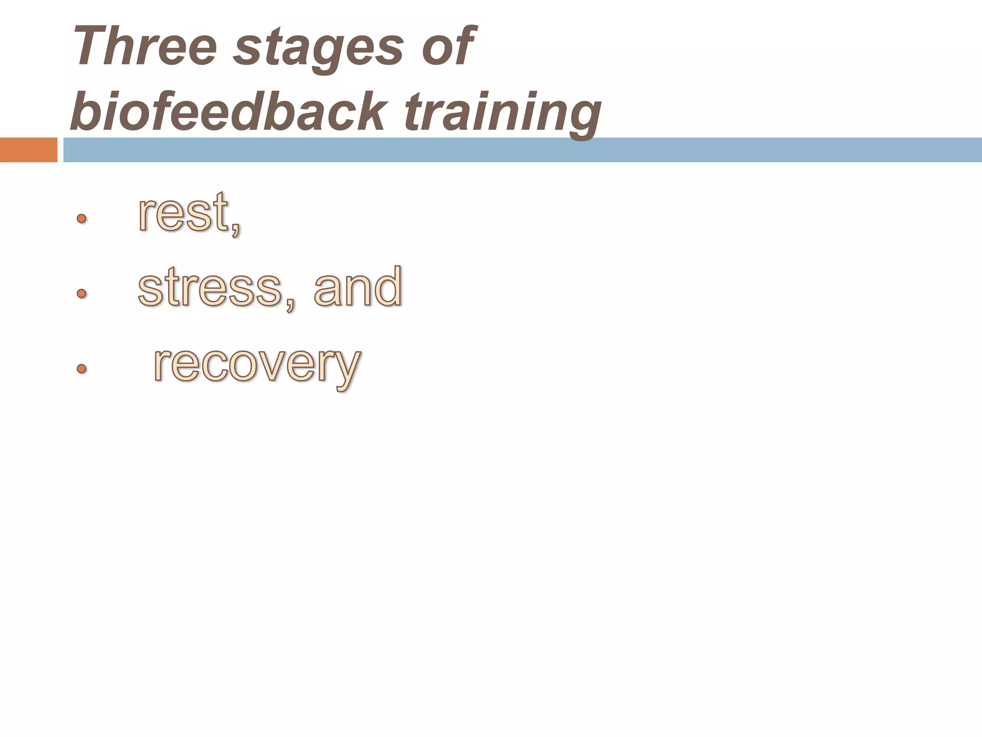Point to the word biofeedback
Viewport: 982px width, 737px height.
click(228, 111)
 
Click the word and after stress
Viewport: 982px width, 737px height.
click(357, 286)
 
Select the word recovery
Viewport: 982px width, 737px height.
click(257, 365)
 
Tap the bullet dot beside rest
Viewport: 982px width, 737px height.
click(82, 219)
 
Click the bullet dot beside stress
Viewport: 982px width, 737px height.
click(82, 293)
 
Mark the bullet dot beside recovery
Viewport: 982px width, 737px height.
click(82, 368)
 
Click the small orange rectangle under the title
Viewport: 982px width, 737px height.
click(28, 150)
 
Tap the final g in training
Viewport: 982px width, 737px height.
click(583, 118)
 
